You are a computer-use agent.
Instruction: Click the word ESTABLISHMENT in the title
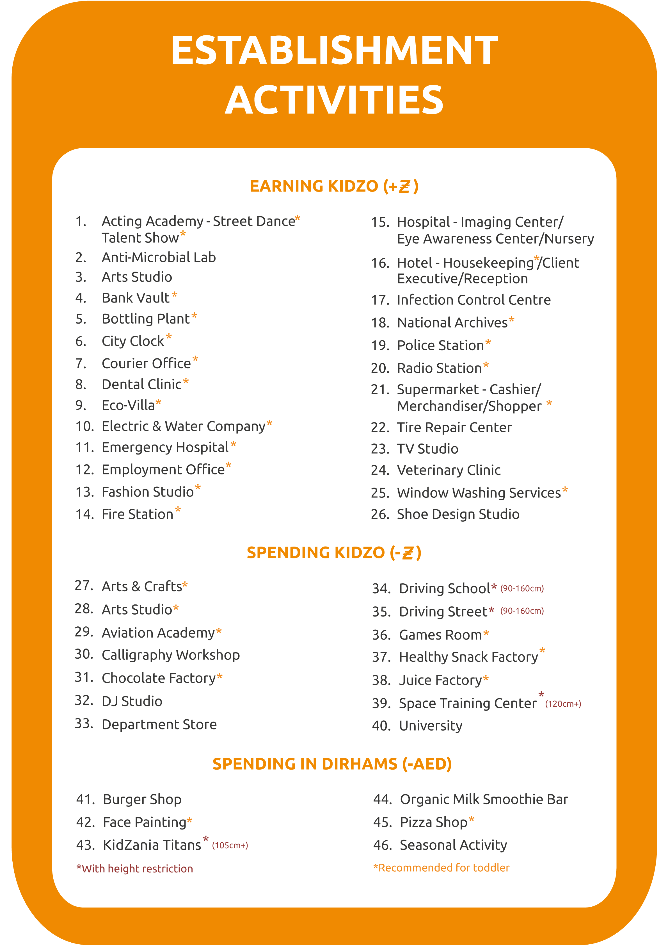tap(334, 50)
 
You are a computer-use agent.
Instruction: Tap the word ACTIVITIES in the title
tap(334, 100)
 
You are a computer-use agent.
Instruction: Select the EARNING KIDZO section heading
tap(334, 186)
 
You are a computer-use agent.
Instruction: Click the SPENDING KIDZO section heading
tap(334, 553)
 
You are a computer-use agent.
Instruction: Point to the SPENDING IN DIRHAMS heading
tap(332, 764)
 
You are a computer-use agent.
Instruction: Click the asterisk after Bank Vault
tap(175, 295)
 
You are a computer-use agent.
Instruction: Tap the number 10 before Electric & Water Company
tap(85, 426)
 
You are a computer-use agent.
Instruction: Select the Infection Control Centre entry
tap(473, 300)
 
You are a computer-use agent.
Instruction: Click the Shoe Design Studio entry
tap(458, 514)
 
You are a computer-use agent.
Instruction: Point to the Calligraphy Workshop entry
tap(170, 655)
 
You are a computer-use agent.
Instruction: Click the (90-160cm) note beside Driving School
tap(522, 588)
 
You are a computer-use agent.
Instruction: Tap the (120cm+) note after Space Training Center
tap(563, 704)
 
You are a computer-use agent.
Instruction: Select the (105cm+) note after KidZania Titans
tap(230, 845)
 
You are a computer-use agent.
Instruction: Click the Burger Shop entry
tap(142, 799)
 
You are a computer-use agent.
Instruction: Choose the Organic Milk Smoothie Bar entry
tap(484, 799)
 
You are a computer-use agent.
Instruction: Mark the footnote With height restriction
tap(135, 868)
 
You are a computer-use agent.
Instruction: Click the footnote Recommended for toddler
tap(441, 868)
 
